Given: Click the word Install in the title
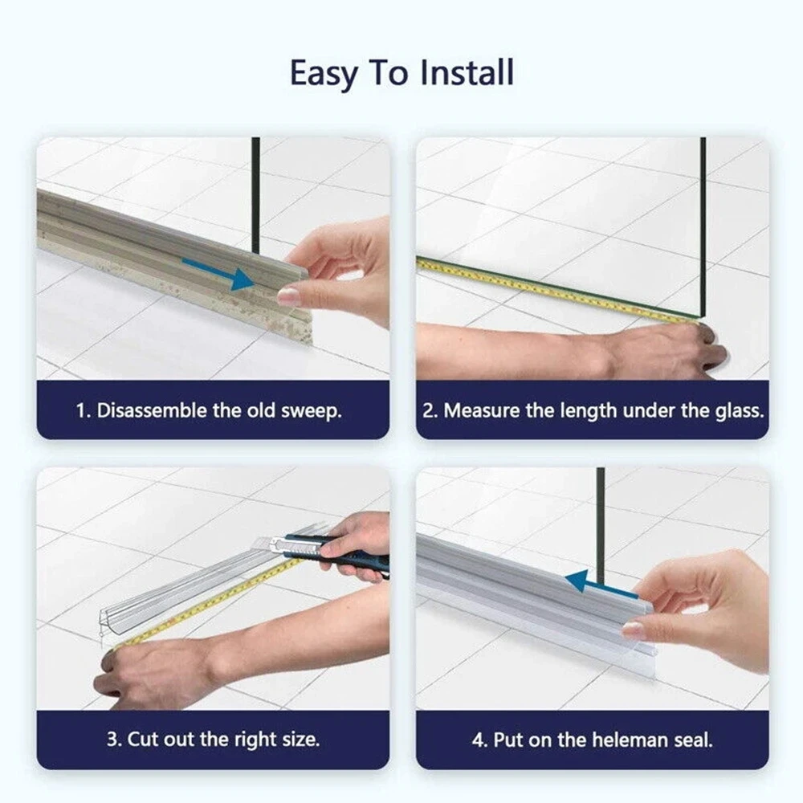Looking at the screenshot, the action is pyautogui.click(x=466, y=73).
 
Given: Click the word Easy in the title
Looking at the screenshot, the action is pyautogui.click(x=324, y=74).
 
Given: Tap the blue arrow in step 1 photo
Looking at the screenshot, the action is pyautogui.click(x=218, y=274).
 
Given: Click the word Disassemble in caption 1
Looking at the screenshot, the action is pyautogui.click(x=152, y=410).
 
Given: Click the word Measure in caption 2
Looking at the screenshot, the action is pyautogui.click(x=481, y=410).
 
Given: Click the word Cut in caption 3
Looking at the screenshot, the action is pyautogui.click(x=138, y=740).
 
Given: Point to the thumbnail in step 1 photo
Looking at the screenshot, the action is pyautogui.click(x=287, y=296).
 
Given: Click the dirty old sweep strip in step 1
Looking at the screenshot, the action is pyautogui.click(x=174, y=260).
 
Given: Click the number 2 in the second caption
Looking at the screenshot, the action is pyautogui.click(x=428, y=411).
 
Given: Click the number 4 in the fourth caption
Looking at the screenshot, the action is pyautogui.click(x=478, y=740).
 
